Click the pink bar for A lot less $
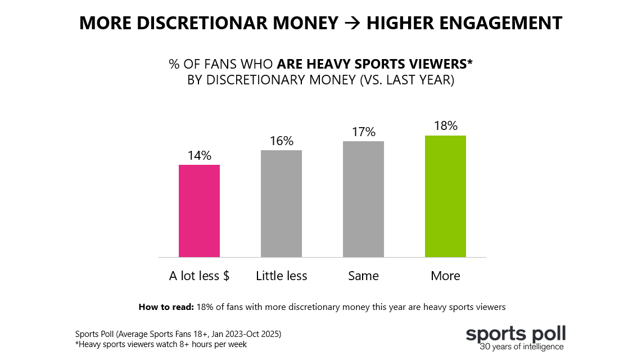coord(199,211)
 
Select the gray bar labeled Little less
coord(281,204)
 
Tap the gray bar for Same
coord(363,199)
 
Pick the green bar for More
coord(445,196)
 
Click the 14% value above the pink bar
coord(199,155)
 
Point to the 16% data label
coord(281,141)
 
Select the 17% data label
coord(363,132)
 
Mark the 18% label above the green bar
coord(445,125)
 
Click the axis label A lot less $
coord(199,276)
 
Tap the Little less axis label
coord(281,276)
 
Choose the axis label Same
coord(363,276)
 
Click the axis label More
coord(445,276)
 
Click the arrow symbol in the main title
coord(352,24)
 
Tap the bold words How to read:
coord(166,307)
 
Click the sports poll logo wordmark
coord(516,333)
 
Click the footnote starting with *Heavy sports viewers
coord(161,344)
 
